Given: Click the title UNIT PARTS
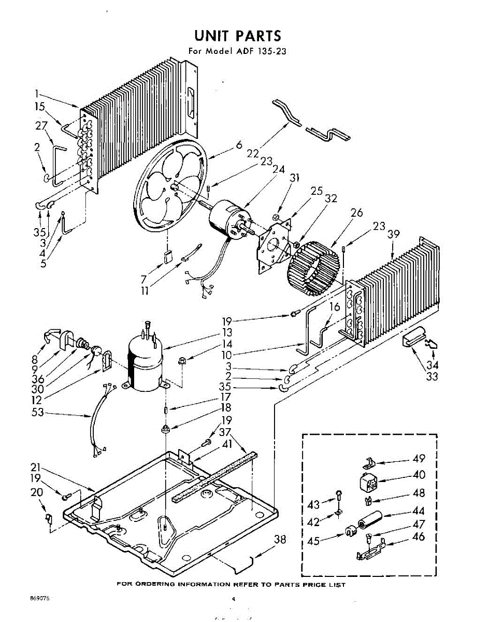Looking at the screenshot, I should tap(238, 35).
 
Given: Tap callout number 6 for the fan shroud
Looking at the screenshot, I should tap(239, 146).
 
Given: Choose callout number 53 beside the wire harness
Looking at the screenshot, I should tap(37, 413).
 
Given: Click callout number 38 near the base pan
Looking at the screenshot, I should tap(280, 540).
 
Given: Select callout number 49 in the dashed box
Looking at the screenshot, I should tap(419, 458).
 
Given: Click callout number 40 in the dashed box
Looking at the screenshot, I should tap(419, 474).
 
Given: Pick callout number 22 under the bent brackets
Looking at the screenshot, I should tap(253, 154).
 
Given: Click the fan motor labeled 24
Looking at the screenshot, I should tap(228, 218).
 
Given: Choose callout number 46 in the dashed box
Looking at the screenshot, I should tap(418, 537).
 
